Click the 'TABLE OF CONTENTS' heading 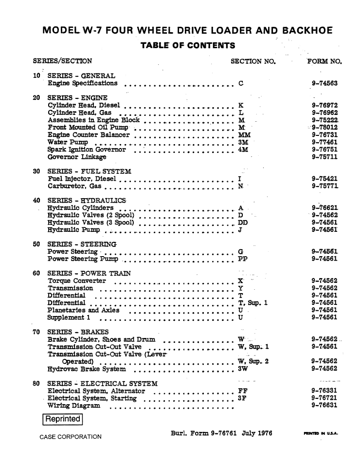tap(187, 46)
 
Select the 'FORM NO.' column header tap(325, 62)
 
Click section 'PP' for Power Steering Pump tap(243, 260)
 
